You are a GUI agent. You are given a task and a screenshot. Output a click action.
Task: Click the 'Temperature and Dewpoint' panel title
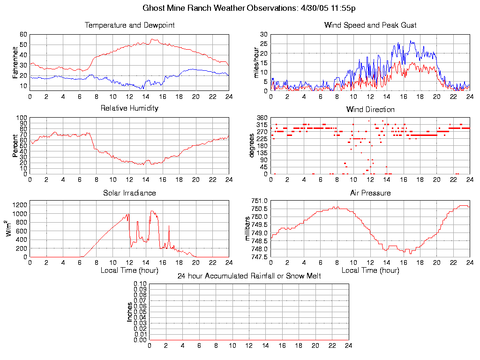tap(129, 25)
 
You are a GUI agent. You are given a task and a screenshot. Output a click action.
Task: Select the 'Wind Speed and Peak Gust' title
tap(370, 25)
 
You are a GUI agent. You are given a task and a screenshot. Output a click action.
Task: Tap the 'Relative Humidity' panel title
tap(129, 108)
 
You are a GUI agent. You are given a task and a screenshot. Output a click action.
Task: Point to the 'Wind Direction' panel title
tap(370, 110)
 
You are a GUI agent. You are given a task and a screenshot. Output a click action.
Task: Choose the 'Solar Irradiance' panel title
tap(129, 193)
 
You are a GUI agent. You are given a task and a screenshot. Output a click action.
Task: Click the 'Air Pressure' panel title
tap(370, 193)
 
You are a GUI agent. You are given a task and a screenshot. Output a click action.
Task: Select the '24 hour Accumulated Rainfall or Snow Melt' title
tap(249, 276)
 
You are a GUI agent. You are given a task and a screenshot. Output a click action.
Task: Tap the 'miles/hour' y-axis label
tap(256, 62)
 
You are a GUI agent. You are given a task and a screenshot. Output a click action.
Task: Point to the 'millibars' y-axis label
tap(248, 228)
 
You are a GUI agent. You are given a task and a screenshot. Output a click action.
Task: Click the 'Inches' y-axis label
tap(130, 312)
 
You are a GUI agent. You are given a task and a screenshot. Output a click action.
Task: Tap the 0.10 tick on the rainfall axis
tap(140, 284)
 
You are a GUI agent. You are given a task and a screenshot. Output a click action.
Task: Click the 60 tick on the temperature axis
tap(23, 34)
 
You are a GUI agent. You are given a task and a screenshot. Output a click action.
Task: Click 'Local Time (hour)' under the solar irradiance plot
tap(129, 270)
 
